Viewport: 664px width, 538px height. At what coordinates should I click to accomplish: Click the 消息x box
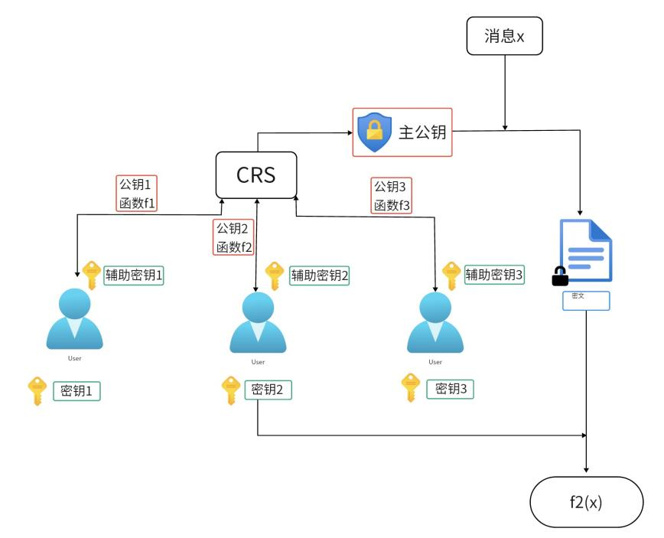pyautogui.click(x=504, y=37)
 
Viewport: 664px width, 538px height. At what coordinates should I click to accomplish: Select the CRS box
pyautogui.click(x=256, y=174)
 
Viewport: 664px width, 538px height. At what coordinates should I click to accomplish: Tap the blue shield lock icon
pyautogui.click(x=375, y=132)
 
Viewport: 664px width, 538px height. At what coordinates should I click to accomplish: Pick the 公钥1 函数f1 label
pyautogui.click(x=137, y=194)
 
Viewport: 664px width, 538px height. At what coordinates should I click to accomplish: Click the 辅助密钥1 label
pyautogui.click(x=135, y=276)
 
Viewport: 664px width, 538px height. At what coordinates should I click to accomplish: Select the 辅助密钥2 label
pyautogui.click(x=318, y=276)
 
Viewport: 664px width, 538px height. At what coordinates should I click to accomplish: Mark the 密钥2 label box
pyautogui.click(x=268, y=389)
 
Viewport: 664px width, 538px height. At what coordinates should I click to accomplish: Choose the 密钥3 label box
pyautogui.click(x=451, y=389)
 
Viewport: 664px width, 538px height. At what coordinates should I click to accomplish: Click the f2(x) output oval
pyautogui.click(x=586, y=501)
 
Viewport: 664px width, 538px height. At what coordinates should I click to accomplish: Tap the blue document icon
pyautogui.click(x=587, y=251)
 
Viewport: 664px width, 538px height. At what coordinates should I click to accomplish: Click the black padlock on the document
pyautogui.click(x=561, y=275)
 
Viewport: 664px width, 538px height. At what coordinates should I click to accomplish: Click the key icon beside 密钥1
pyautogui.click(x=36, y=391)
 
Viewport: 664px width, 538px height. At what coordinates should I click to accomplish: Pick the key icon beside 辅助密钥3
pyautogui.click(x=451, y=275)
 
